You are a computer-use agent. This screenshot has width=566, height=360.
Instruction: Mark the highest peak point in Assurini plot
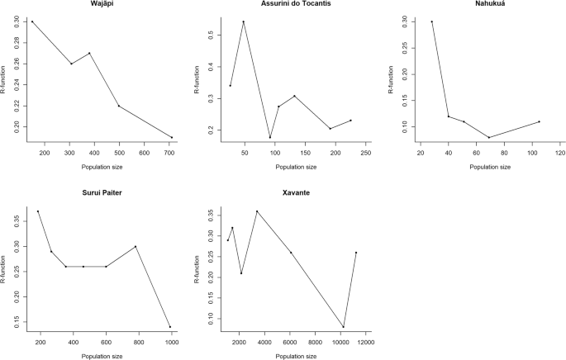tap(244, 21)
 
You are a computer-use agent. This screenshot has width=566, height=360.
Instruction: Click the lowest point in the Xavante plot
tap(343, 327)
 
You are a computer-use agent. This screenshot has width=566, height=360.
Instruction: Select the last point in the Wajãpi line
tap(172, 137)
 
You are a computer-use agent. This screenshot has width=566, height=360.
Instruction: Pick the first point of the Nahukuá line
tap(431, 21)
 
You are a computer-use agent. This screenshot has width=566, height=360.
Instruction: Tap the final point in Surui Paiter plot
tap(170, 327)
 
